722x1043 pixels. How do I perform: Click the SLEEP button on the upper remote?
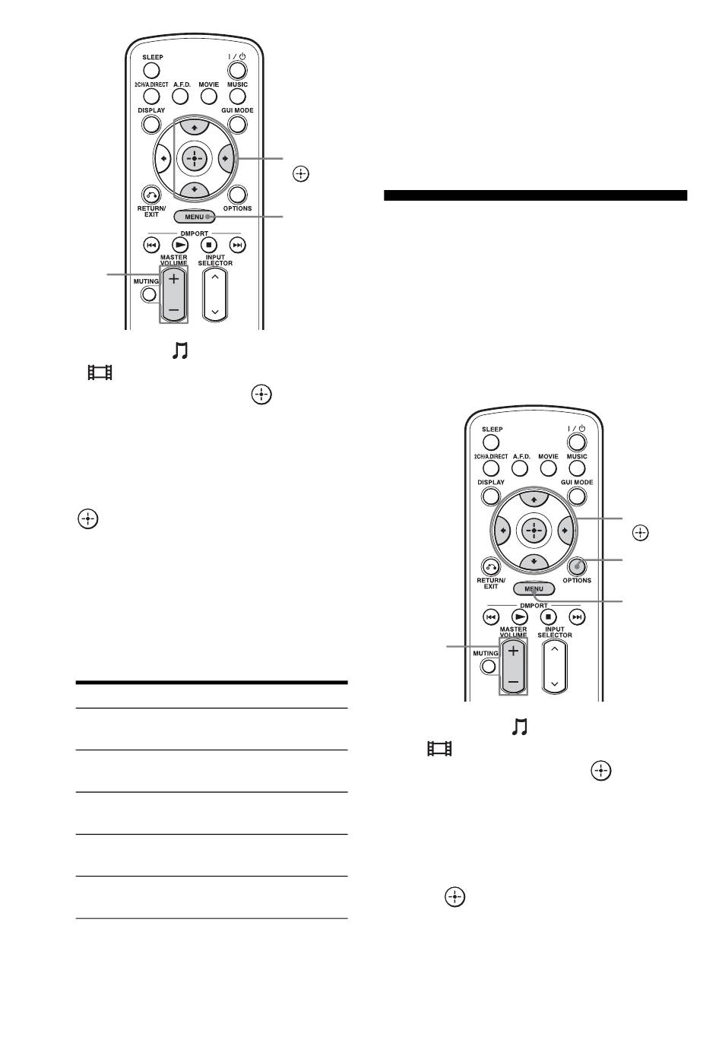(152, 70)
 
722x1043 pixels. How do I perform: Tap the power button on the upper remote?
(238, 70)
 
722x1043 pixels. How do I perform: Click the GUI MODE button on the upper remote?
(238, 123)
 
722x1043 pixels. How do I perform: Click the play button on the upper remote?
(180, 245)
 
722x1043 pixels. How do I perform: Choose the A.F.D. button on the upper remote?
(180, 97)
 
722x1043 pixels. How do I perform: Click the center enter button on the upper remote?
(195, 158)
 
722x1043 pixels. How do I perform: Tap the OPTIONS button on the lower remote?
(577, 566)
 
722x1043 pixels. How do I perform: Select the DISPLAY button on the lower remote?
(491, 496)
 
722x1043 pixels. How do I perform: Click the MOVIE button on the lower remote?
(549, 468)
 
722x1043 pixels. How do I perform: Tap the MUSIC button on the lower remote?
(577, 468)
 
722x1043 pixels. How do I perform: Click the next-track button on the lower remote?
(578, 617)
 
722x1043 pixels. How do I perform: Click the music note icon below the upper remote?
(179, 350)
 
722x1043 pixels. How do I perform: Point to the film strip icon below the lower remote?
(440, 749)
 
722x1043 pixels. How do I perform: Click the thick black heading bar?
(535, 195)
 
